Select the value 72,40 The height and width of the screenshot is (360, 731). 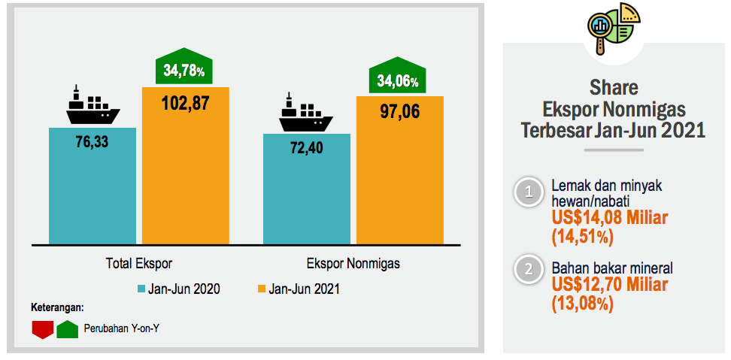(306, 147)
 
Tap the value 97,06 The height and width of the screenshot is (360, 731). (399, 112)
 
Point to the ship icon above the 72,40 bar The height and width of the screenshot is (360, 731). (305, 112)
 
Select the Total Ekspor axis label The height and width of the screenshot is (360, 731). (139, 264)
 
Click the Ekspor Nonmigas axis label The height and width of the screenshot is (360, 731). (353, 264)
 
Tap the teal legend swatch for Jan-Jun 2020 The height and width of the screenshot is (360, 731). (141, 289)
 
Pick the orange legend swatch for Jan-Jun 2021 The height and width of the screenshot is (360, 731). (261, 289)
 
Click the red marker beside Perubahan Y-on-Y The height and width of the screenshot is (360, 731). (42, 330)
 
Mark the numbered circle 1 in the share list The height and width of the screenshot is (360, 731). (529, 192)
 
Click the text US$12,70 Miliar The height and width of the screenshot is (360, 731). (609, 286)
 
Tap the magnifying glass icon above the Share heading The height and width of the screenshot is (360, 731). (602, 29)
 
